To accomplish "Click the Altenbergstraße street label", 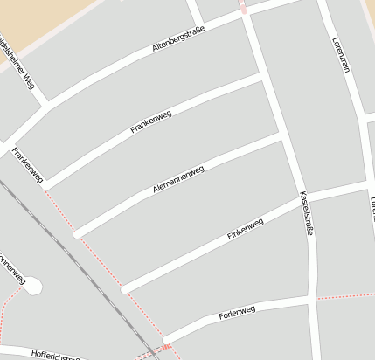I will pyautogui.click(x=178, y=39).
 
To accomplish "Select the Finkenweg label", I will pyautogui.click(x=245, y=230).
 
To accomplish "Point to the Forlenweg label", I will pyautogui.click(x=237, y=311).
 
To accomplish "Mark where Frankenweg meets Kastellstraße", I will pyautogui.click(x=262, y=77).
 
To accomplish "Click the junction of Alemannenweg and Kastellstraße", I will pyautogui.click(x=281, y=136).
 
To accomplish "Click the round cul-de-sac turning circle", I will pyautogui.click(x=33, y=285).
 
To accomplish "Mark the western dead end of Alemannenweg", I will pyautogui.click(x=78, y=233).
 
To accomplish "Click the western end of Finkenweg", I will pyautogui.click(x=126, y=287).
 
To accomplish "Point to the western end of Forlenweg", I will pyautogui.click(x=164, y=339).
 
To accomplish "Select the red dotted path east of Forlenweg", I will pyautogui.click(x=344, y=296).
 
